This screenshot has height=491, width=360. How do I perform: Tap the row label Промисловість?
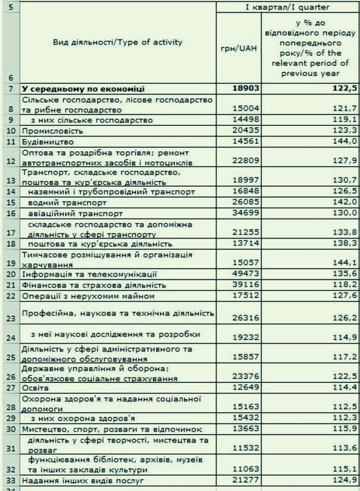(x=49, y=130)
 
